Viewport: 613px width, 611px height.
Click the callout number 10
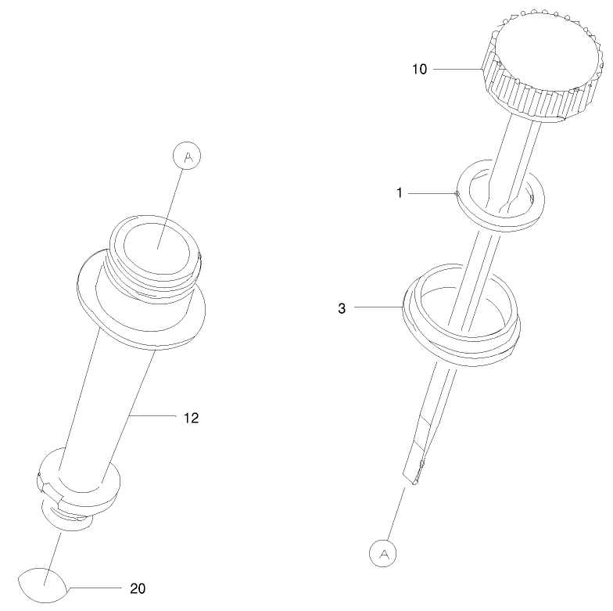[419, 69]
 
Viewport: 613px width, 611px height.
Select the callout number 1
[399, 192]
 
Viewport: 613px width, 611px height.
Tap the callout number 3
[342, 308]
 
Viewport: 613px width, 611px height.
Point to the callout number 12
[191, 418]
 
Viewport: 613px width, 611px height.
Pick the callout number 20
[138, 588]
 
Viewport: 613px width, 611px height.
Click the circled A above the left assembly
[187, 156]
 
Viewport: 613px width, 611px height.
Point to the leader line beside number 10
[457, 70]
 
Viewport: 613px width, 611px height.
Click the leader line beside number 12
[154, 418]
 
